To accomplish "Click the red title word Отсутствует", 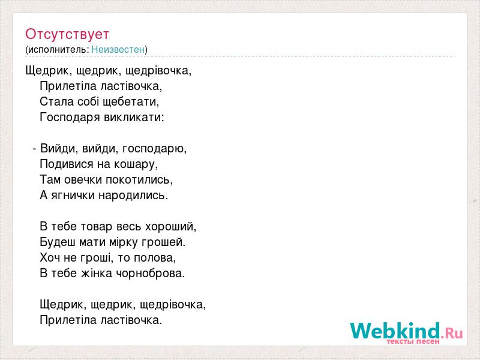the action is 67,34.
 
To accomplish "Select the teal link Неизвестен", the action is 118,49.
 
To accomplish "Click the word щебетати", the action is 131,102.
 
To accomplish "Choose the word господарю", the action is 154,149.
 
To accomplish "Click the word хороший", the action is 170,227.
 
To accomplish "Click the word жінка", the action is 97,274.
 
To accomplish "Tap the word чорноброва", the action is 151,274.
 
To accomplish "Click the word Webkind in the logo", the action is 395,331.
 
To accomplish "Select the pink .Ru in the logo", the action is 452,333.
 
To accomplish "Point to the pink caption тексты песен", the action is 413,341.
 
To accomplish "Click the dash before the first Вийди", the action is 34,149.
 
